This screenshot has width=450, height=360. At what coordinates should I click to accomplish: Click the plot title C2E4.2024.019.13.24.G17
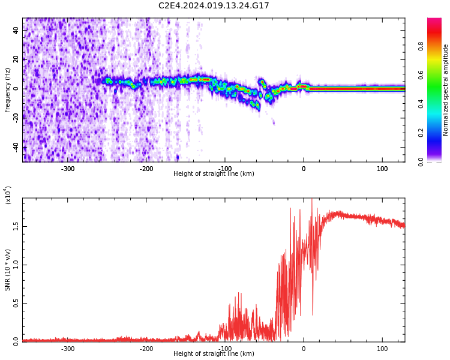[x=214, y=6]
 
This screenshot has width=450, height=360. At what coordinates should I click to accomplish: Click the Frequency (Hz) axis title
[x=8, y=90]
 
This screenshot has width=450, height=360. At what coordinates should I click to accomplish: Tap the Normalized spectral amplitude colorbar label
[x=446, y=90]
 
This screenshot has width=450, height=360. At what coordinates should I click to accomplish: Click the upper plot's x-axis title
[x=214, y=174]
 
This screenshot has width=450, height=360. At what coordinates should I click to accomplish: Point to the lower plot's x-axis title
[x=214, y=354]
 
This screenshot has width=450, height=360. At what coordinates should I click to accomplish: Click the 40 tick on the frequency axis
[x=16, y=29]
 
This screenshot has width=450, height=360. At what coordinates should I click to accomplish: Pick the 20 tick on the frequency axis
[x=16, y=59]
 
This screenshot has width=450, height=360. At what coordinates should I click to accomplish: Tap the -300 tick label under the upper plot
[x=68, y=169]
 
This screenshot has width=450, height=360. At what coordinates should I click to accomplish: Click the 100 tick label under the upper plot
[x=382, y=169]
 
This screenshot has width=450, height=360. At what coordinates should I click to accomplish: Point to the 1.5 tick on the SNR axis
[x=16, y=226]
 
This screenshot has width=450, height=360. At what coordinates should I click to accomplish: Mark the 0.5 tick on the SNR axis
[x=16, y=303]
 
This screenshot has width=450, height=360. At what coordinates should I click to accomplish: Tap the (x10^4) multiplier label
[x=8, y=195]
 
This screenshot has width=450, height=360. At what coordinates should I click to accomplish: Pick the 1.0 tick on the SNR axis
[x=16, y=265]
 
